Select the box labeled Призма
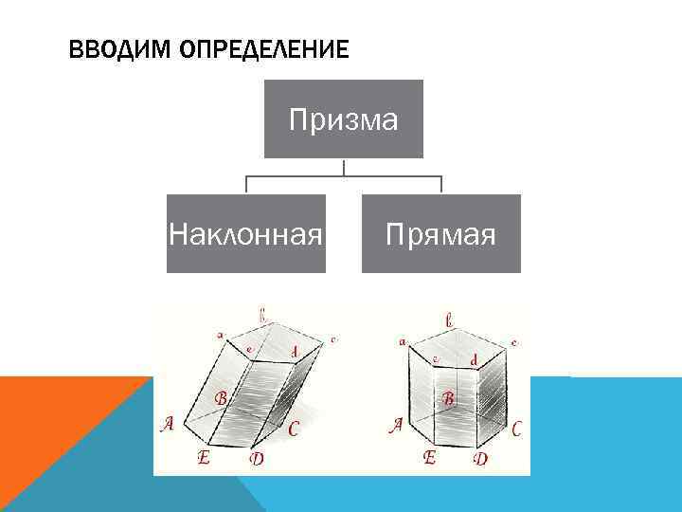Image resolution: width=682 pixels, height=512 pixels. [x=343, y=119]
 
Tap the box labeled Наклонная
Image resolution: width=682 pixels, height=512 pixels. [x=246, y=233]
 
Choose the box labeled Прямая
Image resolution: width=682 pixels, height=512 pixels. [x=441, y=233]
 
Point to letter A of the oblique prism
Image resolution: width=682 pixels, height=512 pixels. [x=168, y=425]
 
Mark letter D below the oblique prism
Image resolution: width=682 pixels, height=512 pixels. [x=256, y=459]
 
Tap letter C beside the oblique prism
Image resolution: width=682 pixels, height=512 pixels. [x=294, y=430]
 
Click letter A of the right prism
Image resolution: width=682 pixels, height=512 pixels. [x=397, y=427]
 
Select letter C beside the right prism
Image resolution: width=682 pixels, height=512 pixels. [x=516, y=429]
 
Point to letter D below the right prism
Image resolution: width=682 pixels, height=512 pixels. [x=480, y=459]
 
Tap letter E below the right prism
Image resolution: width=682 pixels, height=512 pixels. [x=430, y=457]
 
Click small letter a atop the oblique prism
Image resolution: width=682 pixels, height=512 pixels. [x=220, y=334]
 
